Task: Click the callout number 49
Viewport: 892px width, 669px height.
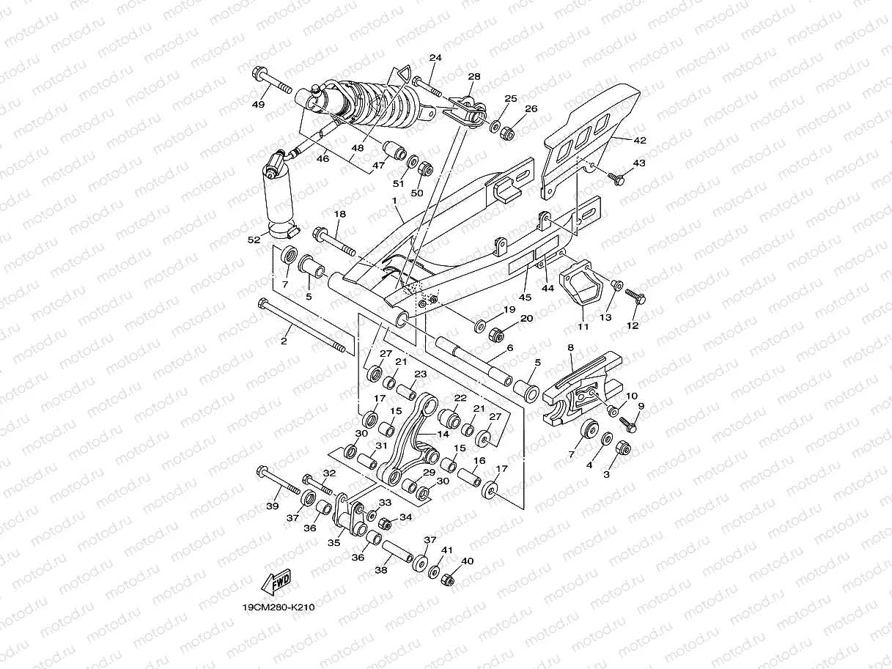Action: point(258,105)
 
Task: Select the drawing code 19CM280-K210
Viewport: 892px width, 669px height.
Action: point(279,607)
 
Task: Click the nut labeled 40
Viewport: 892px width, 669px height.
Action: point(449,580)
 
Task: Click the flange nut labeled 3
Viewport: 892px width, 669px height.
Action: point(621,448)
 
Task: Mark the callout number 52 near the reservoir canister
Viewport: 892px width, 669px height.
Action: point(254,240)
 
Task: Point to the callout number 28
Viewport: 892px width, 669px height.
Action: point(473,77)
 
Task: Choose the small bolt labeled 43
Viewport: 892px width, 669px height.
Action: point(617,177)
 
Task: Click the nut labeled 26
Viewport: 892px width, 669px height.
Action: point(506,133)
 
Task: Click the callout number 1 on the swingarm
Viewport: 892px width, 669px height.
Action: point(394,200)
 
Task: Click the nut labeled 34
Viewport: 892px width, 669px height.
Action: point(383,522)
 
